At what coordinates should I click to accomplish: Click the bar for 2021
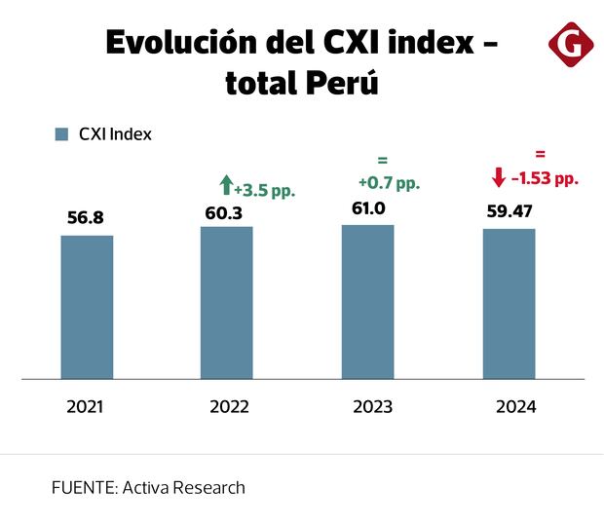pyautogui.click(x=87, y=306)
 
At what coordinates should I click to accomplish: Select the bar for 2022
pyautogui.click(x=227, y=302)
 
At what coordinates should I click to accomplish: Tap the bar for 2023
pyautogui.click(x=367, y=301)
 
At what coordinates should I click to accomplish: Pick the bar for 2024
pyautogui.click(x=510, y=303)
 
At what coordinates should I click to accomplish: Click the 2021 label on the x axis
pyautogui.click(x=86, y=407)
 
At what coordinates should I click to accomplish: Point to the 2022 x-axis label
pyautogui.click(x=229, y=407)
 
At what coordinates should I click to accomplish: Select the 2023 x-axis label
pyautogui.click(x=372, y=407)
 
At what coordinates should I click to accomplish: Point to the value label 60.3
pyautogui.click(x=227, y=210)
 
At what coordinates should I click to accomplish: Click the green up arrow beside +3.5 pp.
pyautogui.click(x=226, y=184)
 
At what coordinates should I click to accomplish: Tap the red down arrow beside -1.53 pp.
pyautogui.click(x=499, y=177)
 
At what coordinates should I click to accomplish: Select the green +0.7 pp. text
pyautogui.click(x=389, y=182)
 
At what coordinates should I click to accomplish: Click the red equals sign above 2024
pyautogui.click(x=540, y=154)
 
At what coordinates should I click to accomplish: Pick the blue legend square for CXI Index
pyautogui.click(x=61, y=134)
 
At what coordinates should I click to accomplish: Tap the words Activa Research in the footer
pyautogui.click(x=184, y=487)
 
